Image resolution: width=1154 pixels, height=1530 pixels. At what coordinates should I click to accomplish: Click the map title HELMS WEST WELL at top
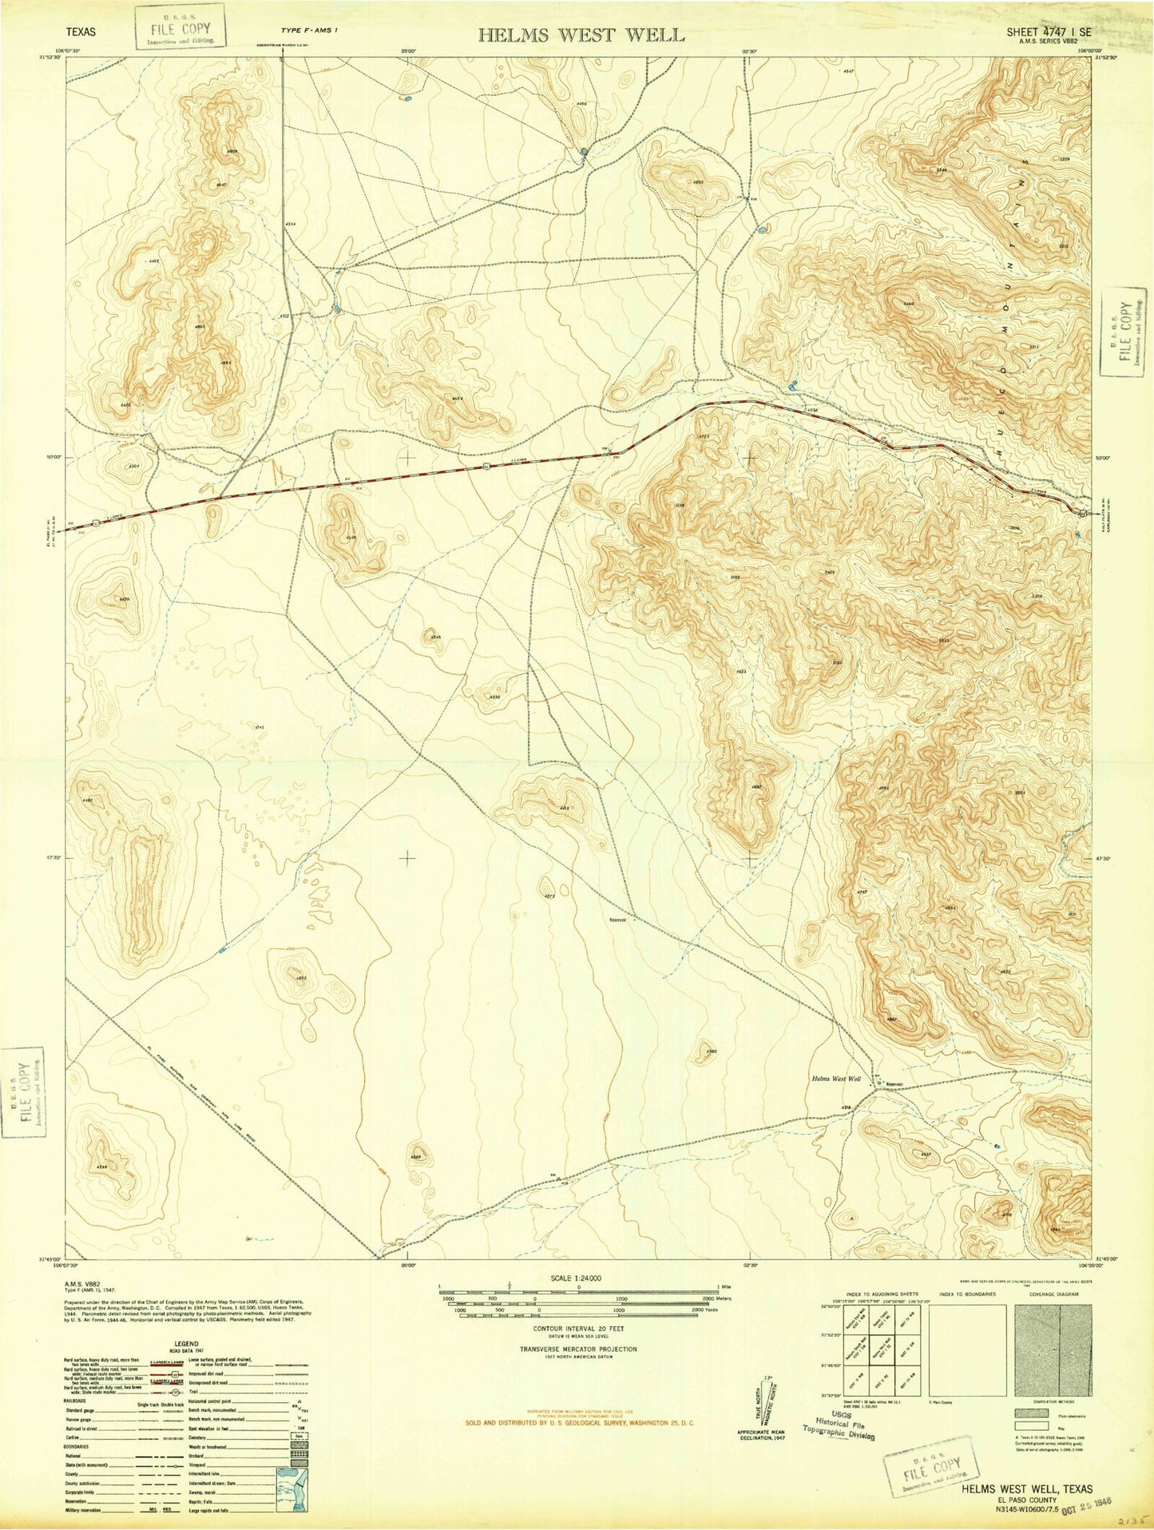(x=581, y=34)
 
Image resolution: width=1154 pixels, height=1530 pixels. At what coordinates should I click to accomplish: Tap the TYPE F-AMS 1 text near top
(x=308, y=30)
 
